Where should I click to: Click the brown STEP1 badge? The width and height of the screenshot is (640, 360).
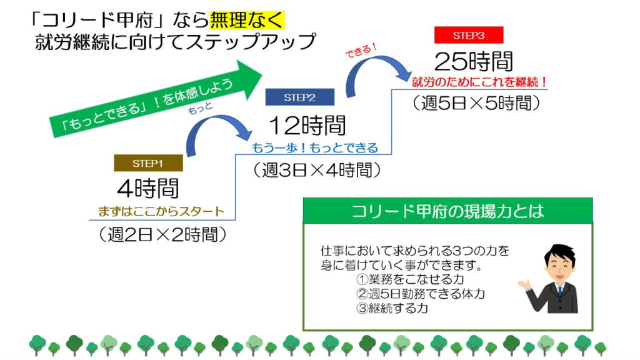148,163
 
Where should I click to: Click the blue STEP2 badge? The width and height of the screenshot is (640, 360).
299,97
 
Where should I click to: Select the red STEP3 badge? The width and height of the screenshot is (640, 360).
469,35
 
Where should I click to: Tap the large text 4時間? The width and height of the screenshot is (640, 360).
147,188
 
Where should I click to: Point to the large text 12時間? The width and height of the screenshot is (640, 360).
307,125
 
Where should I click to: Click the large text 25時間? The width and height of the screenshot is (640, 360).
474,62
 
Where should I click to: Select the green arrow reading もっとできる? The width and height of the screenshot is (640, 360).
155,99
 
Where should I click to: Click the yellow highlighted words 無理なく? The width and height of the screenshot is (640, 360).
247,20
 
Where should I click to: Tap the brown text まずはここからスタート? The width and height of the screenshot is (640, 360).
161,211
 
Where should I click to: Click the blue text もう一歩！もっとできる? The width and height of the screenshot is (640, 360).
315,147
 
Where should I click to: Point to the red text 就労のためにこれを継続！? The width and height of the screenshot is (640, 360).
479,82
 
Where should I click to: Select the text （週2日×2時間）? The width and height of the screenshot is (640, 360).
162,235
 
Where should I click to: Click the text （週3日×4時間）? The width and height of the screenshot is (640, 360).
317,170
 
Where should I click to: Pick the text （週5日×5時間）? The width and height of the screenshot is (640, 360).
476,103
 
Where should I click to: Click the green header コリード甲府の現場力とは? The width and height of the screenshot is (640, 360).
447,211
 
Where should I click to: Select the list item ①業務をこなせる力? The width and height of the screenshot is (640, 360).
410,279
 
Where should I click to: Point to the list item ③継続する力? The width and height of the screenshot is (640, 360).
392,308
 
